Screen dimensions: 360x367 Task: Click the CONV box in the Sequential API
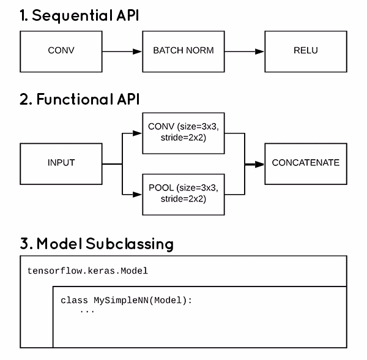61,51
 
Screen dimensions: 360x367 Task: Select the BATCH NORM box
183,51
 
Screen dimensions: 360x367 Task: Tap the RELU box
305,51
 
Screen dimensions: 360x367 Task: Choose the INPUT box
61,164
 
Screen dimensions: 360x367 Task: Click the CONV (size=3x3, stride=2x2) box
183,133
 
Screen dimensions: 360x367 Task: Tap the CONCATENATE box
305,164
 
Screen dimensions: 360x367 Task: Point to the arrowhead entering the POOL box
137,194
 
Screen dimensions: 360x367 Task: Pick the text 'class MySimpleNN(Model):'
126,301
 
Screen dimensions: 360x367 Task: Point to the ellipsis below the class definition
87,311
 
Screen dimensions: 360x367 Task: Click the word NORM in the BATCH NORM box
199,51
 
